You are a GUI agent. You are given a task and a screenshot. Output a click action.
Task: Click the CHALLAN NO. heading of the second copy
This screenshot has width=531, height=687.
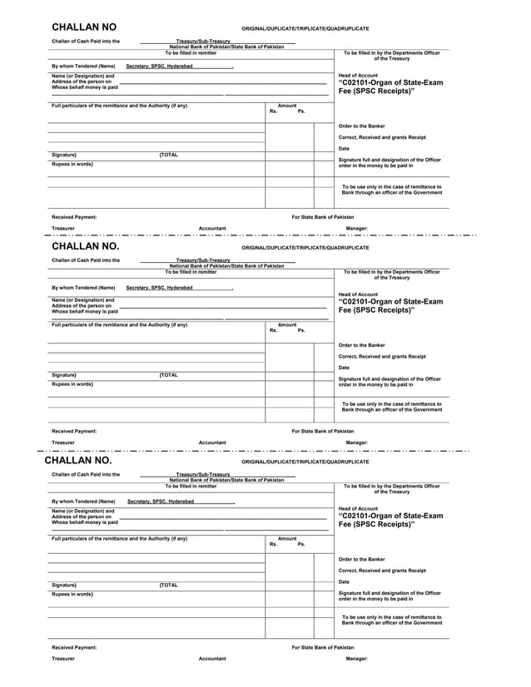[86, 247]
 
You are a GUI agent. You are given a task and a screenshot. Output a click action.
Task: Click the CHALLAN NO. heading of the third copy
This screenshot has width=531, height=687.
[77, 460]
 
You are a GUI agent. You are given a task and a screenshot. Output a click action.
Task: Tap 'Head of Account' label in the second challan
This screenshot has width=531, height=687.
[358, 294]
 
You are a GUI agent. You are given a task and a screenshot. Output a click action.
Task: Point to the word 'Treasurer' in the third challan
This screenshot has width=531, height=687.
[63, 659]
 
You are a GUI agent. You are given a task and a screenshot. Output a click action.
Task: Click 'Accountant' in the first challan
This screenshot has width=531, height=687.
[212, 228]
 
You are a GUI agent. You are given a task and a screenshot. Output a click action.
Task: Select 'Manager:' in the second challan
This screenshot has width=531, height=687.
[356, 442]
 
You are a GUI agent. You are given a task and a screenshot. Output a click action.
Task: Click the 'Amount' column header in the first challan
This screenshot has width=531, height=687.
[287, 106]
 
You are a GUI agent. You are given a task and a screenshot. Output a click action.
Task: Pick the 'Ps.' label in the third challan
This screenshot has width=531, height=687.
[301, 544]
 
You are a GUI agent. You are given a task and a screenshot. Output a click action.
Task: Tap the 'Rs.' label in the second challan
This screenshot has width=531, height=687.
[274, 330]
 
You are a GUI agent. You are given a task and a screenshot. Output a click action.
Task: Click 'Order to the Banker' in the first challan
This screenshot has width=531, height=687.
[361, 126]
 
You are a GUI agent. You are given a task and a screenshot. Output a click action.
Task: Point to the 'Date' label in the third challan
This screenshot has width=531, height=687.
[344, 581]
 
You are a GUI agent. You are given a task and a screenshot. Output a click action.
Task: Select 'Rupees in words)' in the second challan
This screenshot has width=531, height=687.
[72, 384]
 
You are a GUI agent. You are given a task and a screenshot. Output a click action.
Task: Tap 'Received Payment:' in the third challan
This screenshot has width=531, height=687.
[74, 646]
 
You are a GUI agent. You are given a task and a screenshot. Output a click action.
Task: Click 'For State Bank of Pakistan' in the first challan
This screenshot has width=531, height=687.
[322, 217]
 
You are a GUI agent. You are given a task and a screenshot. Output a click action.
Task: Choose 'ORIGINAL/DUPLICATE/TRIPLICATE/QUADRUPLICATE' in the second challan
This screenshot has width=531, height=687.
[305, 248]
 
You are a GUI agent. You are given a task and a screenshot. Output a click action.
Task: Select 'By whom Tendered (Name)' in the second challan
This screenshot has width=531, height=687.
[83, 288]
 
